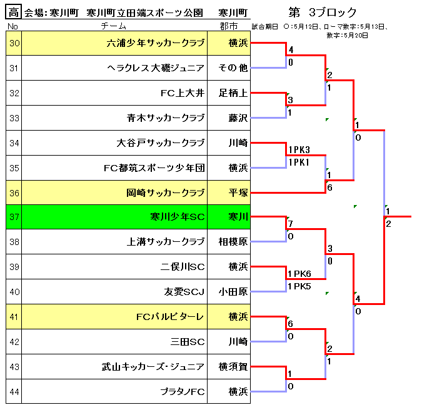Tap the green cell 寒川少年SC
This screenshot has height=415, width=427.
(178, 217)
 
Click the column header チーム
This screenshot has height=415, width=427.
(113, 26)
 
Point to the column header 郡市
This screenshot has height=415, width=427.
(229, 26)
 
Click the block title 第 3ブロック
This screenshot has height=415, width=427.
(323, 12)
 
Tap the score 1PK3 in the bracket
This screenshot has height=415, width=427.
(299, 150)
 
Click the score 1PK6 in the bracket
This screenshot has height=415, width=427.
(299, 274)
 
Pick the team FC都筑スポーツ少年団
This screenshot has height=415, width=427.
(154, 167)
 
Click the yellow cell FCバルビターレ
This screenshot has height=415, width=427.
(170, 316)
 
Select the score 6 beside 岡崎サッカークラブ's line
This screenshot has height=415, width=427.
(329, 187)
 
